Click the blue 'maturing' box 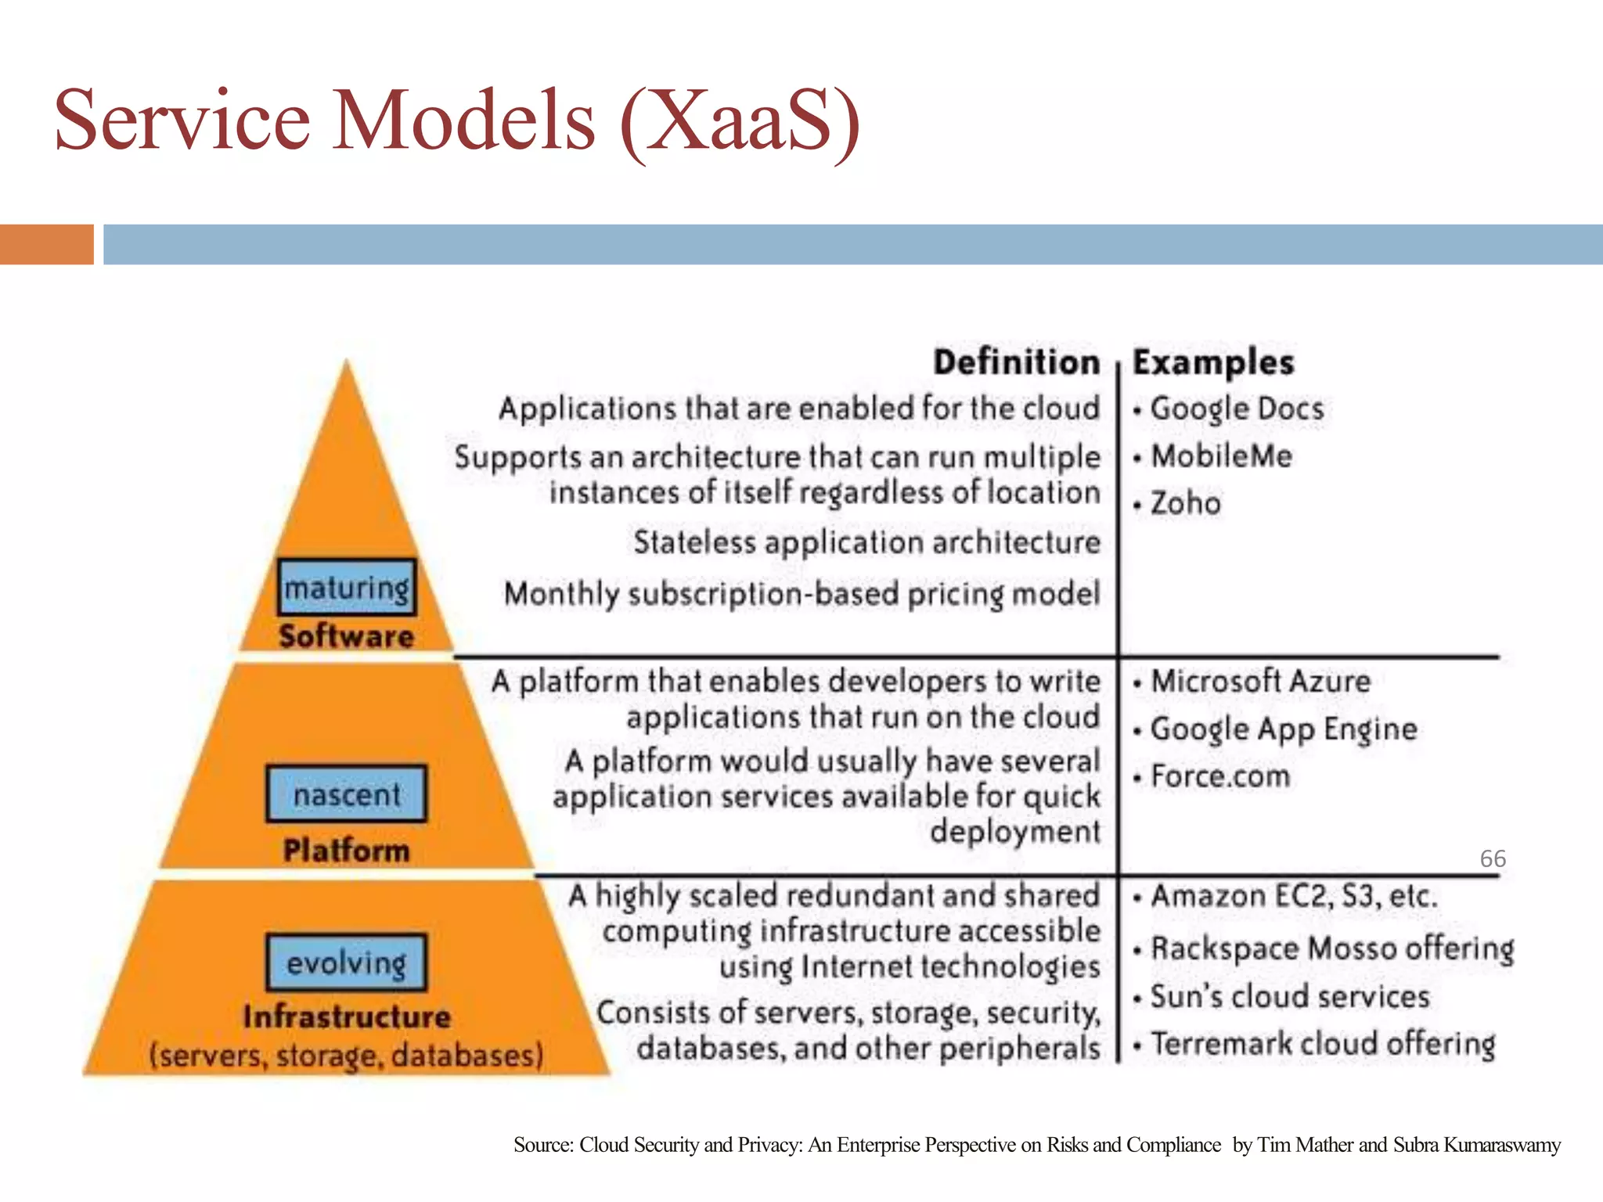(x=347, y=587)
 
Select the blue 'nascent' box (x=347, y=794)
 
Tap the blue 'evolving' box (x=347, y=963)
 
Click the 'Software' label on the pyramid (x=347, y=636)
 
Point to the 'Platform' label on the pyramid (x=347, y=851)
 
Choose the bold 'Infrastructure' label (x=347, y=1017)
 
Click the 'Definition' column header (x=1017, y=362)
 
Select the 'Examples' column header (x=1213, y=362)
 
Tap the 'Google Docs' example (x=1237, y=408)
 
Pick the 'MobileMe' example (x=1221, y=456)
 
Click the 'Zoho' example (x=1185, y=503)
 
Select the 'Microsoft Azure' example (x=1260, y=681)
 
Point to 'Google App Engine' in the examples (x=1284, y=729)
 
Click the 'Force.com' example (x=1220, y=776)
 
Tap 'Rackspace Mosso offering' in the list (x=1332, y=948)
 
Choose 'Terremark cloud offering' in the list (x=1323, y=1044)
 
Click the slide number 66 (x=1493, y=858)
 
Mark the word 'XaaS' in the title (x=740, y=121)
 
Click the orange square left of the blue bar (x=46, y=244)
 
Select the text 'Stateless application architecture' (x=866, y=542)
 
